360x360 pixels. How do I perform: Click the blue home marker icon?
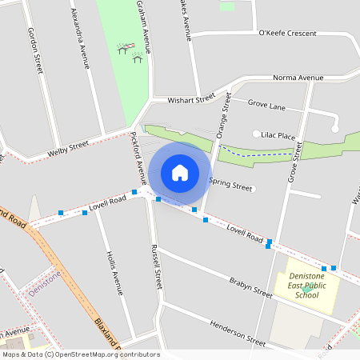(x=180, y=172)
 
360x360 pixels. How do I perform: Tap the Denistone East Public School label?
(x=306, y=285)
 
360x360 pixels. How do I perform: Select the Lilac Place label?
(x=275, y=137)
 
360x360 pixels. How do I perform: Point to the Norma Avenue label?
(x=298, y=78)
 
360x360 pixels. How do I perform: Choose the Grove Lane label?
(x=266, y=105)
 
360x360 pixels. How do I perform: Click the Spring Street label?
(x=230, y=183)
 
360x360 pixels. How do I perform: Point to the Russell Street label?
(x=156, y=266)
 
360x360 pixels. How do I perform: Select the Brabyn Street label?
(x=250, y=287)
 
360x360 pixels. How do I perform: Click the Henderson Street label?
(x=237, y=333)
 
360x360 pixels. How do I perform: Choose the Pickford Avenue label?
(x=138, y=155)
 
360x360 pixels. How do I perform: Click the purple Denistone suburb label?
(x=44, y=283)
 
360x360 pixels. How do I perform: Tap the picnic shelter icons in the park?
(x=130, y=53)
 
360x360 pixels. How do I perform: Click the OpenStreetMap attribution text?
(x=80, y=354)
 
